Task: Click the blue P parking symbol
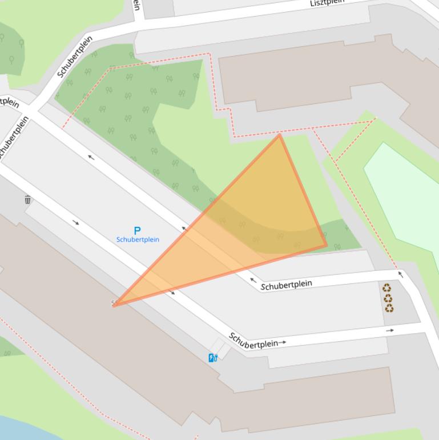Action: click(137, 231)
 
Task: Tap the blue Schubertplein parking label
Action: click(138, 239)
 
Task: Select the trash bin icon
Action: click(28, 199)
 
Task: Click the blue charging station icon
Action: click(213, 358)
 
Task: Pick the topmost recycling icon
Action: click(386, 288)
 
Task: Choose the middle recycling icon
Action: click(388, 298)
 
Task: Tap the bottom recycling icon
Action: click(389, 308)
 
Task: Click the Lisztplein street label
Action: click(327, 3)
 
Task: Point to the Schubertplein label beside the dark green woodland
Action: click(75, 57)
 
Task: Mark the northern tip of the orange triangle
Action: click(279, 135)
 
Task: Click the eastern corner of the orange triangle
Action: click(327, 246)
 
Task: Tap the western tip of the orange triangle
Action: click(114, 306)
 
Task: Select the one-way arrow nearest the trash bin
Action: click(76, 223)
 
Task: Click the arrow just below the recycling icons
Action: click(390, 330)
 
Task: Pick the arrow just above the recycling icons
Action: click(400, 275)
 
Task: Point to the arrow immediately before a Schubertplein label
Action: click(253, 281)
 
